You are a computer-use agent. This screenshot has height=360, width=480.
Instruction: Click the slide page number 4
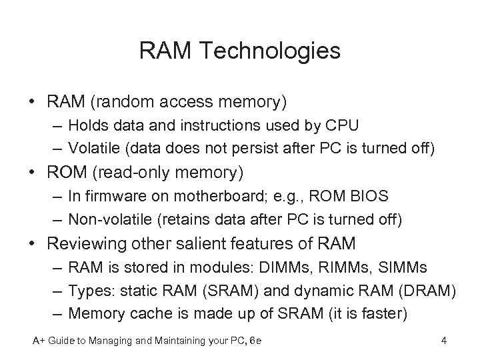[443, 341]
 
